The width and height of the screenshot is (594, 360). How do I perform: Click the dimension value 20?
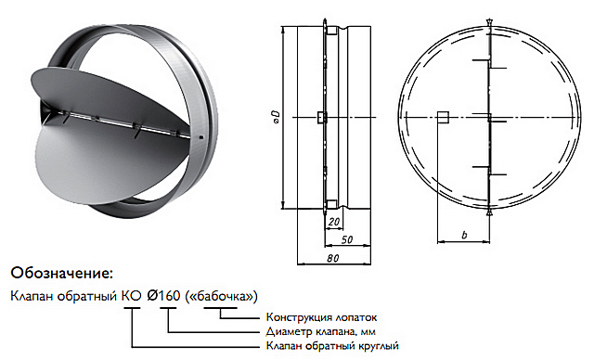click(x=334, y=222)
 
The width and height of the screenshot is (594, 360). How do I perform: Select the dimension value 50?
click(x=347, y=239)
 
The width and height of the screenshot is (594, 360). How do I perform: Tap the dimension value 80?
click(x=333, y=258)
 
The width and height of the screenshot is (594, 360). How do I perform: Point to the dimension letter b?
click(x=464, y=235)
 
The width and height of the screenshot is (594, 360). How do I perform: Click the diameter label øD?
click(x=277, y=117)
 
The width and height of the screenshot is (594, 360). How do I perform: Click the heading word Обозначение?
click(x=62, y=273)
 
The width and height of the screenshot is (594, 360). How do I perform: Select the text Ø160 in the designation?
click(x=163, y=296)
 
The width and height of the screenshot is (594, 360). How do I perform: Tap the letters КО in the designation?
click(x=132, y=296)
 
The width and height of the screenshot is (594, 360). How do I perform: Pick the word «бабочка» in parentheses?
click(x=221, y=296)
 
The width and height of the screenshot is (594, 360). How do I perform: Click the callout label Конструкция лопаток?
click(x=322, y=316)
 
